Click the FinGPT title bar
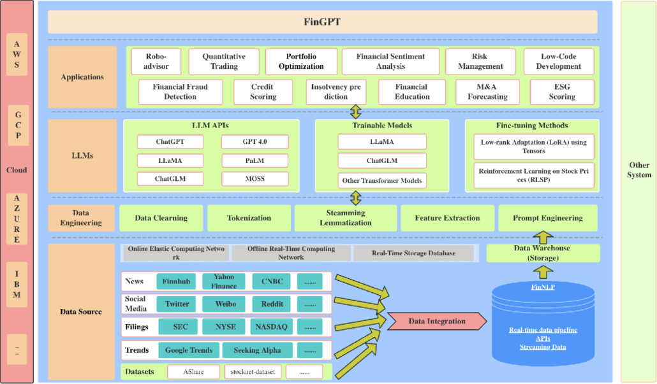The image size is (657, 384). (x=322, y=22)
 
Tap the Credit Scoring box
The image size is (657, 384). (x=263, y=92)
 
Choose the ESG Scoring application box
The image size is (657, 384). (x=561, y=92)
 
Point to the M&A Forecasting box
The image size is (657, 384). (x=487, y=92)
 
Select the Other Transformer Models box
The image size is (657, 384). (x=382, y=180)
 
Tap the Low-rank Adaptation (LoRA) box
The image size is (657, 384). (x=534, y=146)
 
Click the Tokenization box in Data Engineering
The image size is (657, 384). (x=248, y=218)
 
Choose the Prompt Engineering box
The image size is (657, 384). (x=547, y=218)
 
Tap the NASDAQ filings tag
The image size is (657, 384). (x=272, y=327)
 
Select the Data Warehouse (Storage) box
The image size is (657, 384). (x=543, y=253)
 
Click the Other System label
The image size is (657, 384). (x=639, y=170)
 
